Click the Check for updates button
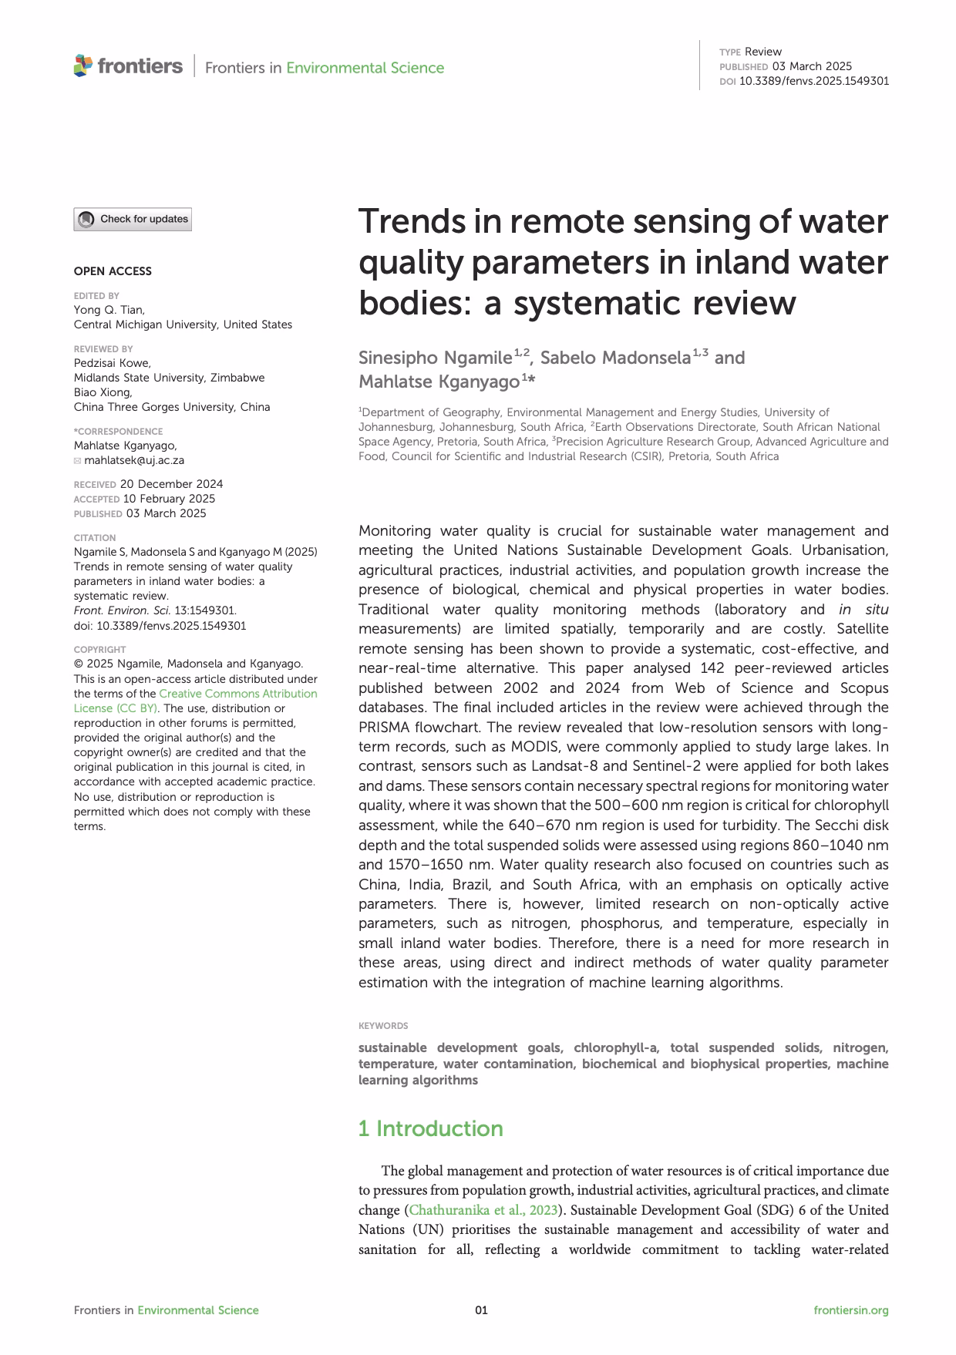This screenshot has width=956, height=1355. pos(132,220)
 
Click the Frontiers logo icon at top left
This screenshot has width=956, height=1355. pos(82,66)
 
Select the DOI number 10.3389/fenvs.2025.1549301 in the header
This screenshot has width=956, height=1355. pos(813,81)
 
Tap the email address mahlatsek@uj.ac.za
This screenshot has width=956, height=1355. pos(139,460)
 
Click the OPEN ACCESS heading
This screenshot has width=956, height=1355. pos(113,271)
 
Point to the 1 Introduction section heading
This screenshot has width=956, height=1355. pos(430,1128)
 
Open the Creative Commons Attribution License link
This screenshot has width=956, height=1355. pos(237,694)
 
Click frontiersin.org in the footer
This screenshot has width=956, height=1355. pos(851,1310)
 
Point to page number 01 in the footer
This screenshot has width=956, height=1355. pos(481,1310)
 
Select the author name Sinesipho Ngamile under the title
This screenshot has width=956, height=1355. pos(435,358)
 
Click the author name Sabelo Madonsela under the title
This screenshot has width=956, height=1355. pos(614,358)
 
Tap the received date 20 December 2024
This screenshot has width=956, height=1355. pos(171,484)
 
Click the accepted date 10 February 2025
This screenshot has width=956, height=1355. pos(169,499)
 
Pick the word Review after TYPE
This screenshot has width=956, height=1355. pos(763,52)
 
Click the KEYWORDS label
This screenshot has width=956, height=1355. pos(383,1026)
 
